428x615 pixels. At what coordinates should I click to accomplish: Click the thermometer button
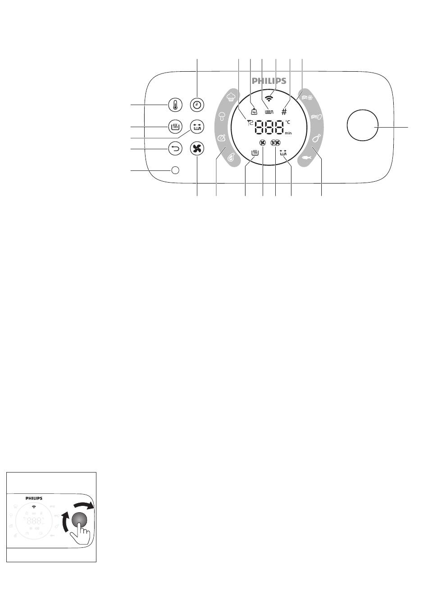(175, 105)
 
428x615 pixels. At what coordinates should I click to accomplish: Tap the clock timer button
(197, 105)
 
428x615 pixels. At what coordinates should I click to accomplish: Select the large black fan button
(197, 149)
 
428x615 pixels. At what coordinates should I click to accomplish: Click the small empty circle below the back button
(175, 170)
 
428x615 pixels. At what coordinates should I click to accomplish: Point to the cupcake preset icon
(231, 96)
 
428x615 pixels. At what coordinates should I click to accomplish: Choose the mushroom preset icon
(222, 116)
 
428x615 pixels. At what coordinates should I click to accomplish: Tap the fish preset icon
(306, 158)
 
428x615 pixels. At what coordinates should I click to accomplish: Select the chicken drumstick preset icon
(317, 138)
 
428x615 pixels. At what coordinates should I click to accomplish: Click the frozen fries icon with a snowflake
(307, 97)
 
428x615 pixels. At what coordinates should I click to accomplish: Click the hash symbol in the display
(284, 112)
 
